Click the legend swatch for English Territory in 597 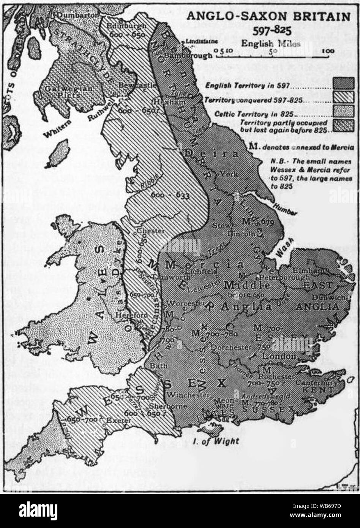click(x=343, y=83)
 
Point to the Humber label click(x=287, y=210)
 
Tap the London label click(x=281, y=356)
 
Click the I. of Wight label click(x=221, y=441)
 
